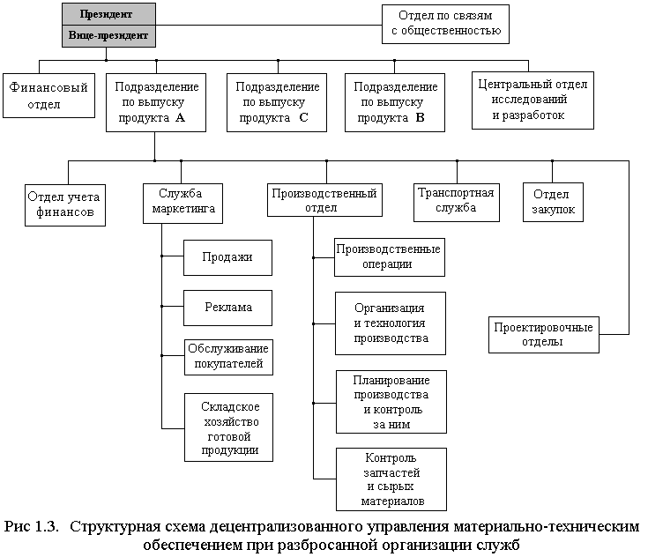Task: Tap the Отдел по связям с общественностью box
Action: (x=446, y=24)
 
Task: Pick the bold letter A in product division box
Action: (x=180, y=117)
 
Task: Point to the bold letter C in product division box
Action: (x=302, y=117)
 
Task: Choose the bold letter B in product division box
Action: (x=420, y=117)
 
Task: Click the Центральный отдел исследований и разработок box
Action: (x=532, y=100)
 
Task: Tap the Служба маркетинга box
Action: (x=181, y=202)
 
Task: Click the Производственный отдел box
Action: (x=325, y=200)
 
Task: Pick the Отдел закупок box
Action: (x=554, y=202)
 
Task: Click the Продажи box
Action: (x=227, y=257)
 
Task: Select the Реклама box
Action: (x=227, y=307)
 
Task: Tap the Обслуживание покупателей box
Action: (x=227, y=356)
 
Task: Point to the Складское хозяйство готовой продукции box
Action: (x=227, y=427)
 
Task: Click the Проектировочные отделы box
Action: (x=542, y=334)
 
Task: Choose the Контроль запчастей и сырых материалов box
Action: (x=391, y=479)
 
